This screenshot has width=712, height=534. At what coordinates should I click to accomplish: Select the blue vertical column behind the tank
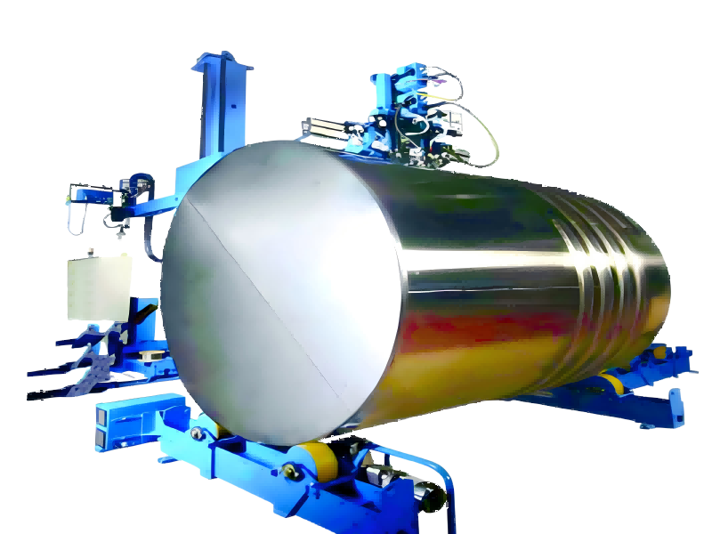(213, 107)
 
